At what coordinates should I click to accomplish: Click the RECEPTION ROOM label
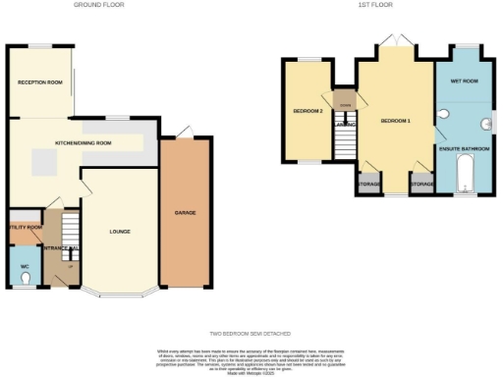pyautogui.click(x=40, y=82)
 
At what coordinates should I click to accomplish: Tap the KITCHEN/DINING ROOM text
pyautogui.click(x=84, y=143)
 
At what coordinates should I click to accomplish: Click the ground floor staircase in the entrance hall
pyautogui.click(x=68, y=234)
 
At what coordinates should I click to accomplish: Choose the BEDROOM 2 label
pyautogui.click(x=307, y=111)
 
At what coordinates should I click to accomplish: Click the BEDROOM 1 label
pyautogui.click(x=394, y=120)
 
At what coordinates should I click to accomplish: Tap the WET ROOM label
pyautogui.click(x=463, y=81)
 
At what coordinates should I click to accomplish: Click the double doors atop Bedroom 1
pyautogui.click(x=395, y=40)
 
